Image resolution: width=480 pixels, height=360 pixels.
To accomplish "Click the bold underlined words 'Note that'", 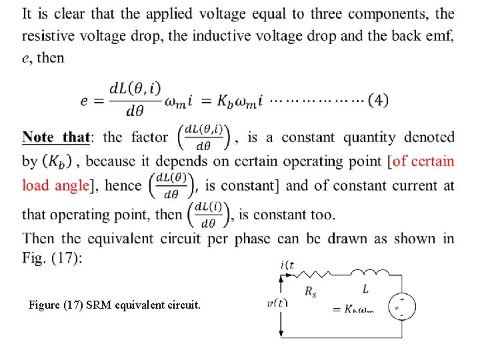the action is (x=56, y=137).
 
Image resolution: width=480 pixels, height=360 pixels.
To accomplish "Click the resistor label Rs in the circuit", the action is (x=310, y=290).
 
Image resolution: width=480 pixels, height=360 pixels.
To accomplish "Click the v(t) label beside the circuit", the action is (x=277, y=304).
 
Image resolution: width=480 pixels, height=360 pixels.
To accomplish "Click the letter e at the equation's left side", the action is (x=83, y=100).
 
